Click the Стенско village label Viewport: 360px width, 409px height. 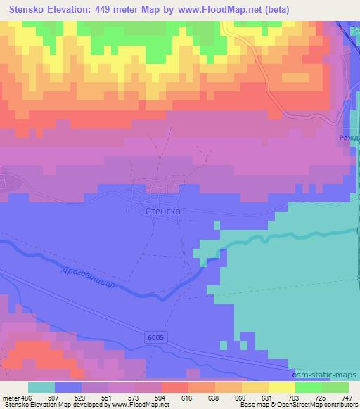coord(164,210)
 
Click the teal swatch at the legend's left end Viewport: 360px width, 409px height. coord(41,387)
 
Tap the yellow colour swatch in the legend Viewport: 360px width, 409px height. coord(282,387)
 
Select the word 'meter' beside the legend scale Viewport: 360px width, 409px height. coord(10,397)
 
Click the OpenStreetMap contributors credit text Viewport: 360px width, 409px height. coord(321,405)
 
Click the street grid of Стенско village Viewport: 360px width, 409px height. coord(164,190)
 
